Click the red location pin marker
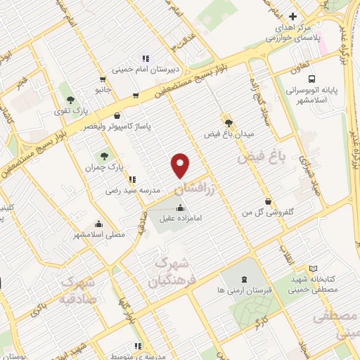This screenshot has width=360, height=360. coord(181,165)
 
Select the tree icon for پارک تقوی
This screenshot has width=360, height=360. coord(69,96)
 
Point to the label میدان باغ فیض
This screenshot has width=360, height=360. coord(228,134)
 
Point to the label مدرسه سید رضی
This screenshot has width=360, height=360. coord(133,190)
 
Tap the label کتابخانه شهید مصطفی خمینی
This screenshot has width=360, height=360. coord(314,284)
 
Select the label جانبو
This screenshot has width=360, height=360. coord(103,89)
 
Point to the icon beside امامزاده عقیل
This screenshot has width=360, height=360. coord(181,207)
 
